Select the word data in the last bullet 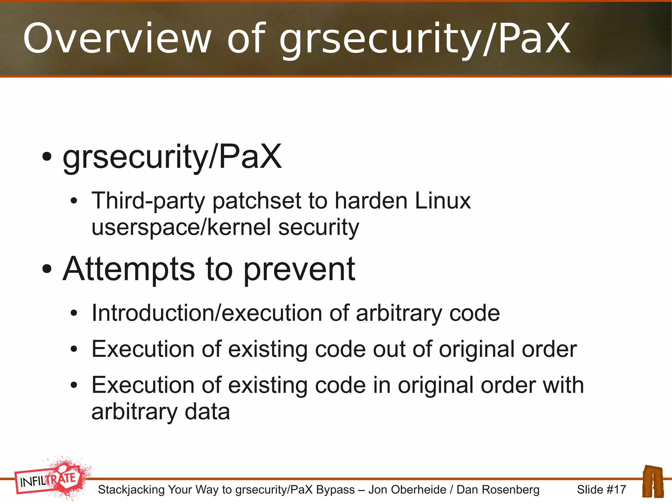pyautogui.click(x=207, y=412)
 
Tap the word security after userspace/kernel pyautogui.click(x=319, y=227)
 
